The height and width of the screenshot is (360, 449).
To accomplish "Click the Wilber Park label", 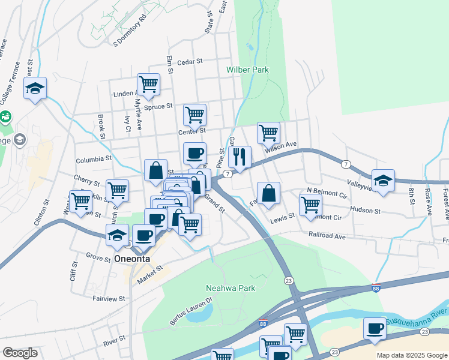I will point(247,70).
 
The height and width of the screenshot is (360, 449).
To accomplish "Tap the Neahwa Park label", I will point(231,288).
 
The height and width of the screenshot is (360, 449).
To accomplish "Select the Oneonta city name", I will point(132,259).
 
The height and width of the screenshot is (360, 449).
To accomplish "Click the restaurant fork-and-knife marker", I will point(240,157).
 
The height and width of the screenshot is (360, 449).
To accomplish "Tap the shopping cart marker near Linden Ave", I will point(148,85).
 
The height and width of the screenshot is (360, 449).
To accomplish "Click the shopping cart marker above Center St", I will point(194,113).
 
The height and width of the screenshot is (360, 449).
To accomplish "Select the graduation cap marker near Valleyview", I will point(383,179).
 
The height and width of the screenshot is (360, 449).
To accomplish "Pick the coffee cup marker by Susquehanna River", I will point(375,329).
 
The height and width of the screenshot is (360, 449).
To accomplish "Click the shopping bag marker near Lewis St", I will point(269,193).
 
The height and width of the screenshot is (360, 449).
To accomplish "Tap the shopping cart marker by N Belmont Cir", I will point(310,204).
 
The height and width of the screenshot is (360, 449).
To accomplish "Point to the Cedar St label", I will point(191,61).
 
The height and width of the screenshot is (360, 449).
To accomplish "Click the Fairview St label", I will point(109,298).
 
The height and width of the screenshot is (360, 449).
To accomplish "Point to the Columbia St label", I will point(94,160).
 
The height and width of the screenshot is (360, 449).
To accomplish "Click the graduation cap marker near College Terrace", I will point(35,89).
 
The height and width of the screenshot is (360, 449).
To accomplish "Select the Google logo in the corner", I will point(20,353).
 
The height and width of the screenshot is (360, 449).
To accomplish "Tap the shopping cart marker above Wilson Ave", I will point(268,133).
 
